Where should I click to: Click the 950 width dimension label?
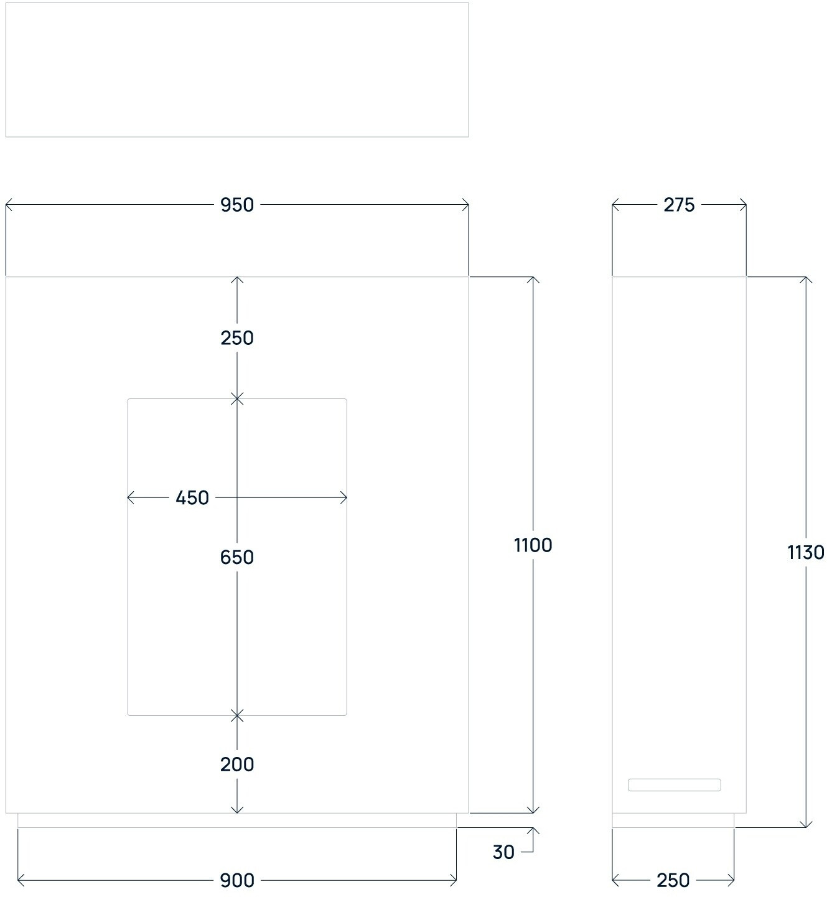237,205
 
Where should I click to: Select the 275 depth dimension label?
679,205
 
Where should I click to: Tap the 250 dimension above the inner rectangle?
237,338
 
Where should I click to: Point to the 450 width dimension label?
192,498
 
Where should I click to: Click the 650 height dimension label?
237,557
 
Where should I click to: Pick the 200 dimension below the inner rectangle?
237,764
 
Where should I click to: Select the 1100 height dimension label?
533,545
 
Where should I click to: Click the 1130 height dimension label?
806,553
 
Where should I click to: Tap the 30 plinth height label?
503,852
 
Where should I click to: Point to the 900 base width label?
237,881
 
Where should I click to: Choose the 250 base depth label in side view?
673,881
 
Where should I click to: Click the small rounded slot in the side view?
674,785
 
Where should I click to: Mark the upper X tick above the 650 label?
237,399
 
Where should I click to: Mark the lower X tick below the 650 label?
237,716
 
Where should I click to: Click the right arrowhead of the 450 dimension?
343,497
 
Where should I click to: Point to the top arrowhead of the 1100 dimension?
533,280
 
